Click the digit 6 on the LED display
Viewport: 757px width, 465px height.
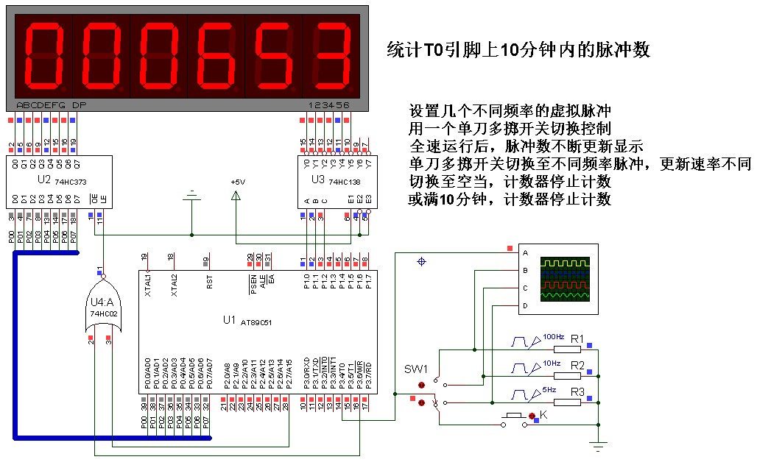point(216,54)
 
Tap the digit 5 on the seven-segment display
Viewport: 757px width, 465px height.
point(274,54)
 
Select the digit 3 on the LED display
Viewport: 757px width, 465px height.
point(331,54)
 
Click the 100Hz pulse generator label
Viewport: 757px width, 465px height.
point(553,336)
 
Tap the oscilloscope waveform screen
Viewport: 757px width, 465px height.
point(566,278)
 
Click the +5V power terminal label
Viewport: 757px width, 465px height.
point(236,182)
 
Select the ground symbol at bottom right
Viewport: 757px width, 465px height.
point(599,444)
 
